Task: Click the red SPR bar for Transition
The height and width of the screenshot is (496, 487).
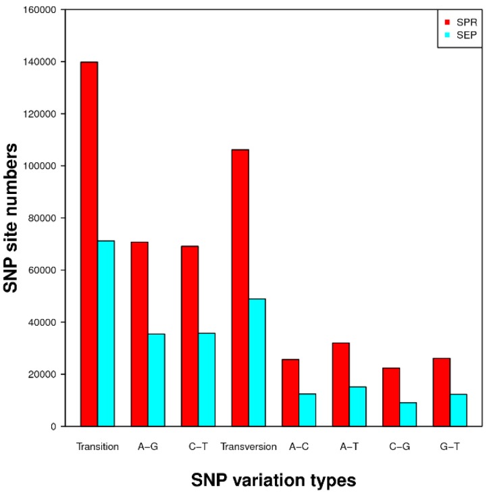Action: coord(89,244)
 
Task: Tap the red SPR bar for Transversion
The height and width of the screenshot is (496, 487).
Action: coord(240,288)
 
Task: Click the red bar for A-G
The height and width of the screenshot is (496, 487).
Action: coord(140,334)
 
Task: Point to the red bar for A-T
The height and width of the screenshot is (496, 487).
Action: coord(341,385)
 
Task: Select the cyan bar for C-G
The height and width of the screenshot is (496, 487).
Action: coord(408,414)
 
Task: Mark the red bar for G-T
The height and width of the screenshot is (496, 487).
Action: coord(442,392)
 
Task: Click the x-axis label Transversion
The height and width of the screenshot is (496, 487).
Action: coord(249,447)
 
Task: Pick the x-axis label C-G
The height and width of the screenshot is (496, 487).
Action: coord(399,447)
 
